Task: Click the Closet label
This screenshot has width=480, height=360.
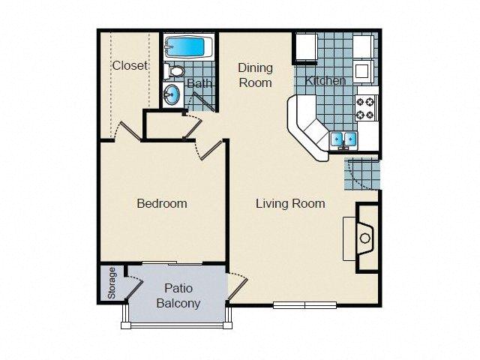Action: pos(130,65)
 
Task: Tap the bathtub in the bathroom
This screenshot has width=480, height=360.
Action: pos(188,47)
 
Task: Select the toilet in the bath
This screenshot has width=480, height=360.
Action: pos(176,72)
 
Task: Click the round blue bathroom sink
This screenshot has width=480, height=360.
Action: pos(172,95)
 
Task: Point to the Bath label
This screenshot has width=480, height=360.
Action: pos(199,83)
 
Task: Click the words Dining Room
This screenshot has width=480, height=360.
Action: pos(255,75)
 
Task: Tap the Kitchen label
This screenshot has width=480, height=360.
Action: pos(325,80)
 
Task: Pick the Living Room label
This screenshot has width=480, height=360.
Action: pos(290,203)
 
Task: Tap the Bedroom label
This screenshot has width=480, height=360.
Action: pos(161,203)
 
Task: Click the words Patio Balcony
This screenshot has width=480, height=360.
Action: pos(178,295)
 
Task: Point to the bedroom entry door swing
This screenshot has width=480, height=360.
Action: pos(211,148)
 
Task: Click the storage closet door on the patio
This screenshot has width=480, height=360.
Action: pos(133,284)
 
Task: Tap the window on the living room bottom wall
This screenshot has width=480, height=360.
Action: pos(305,304)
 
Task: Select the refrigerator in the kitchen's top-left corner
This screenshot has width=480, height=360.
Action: pos(304,47)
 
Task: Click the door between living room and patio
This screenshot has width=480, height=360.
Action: pos(236,285)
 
